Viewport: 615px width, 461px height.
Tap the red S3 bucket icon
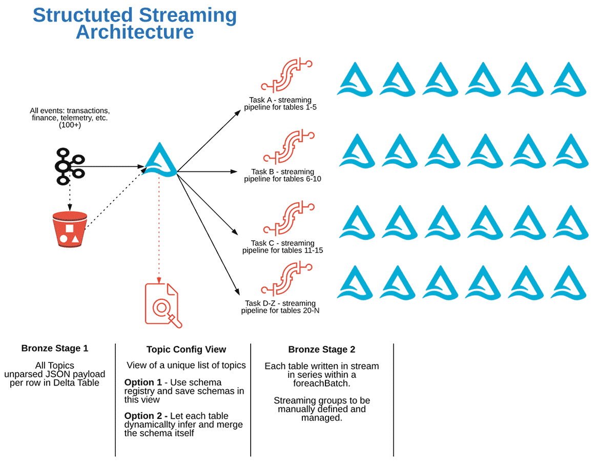(x=69, y=229)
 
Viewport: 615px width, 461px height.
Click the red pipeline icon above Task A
(x=287, y=75)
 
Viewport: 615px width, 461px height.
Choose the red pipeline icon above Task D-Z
(x=287, y=279)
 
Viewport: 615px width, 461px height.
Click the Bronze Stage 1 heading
(x=55, y=349)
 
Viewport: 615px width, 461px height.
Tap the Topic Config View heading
(x=186, y=350)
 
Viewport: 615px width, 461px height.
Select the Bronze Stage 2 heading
(x=321, y=350)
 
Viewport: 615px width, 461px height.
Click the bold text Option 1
(x=139, y=382)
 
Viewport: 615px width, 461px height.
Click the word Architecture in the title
(x=135, y=32)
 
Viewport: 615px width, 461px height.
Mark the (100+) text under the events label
(x=70, y=125)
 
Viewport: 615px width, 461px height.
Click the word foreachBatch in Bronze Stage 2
(x=321, y=382)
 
